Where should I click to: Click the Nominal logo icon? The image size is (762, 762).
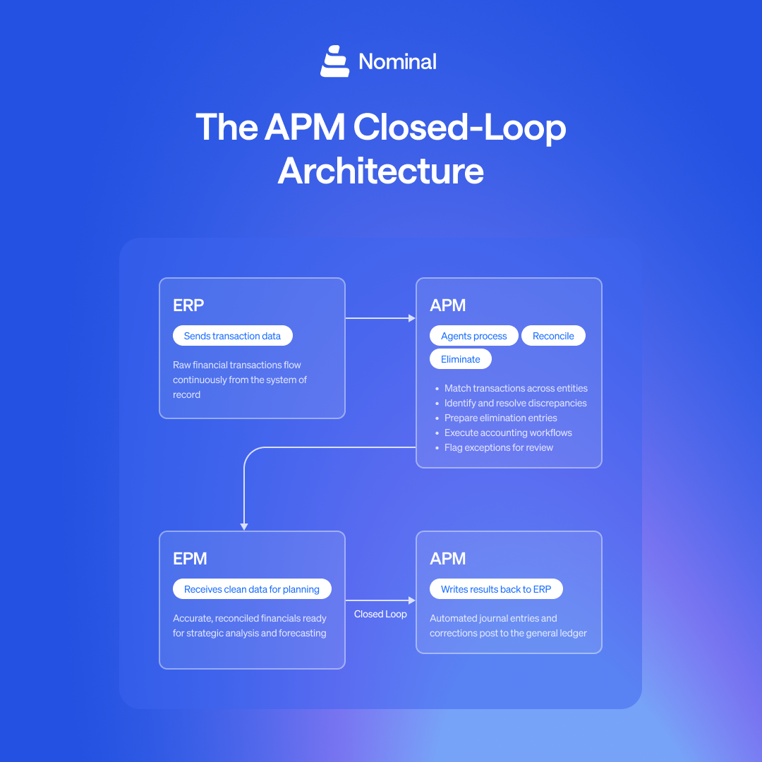(x=334, y=61)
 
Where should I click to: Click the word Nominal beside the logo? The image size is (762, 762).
(x=397, y=62)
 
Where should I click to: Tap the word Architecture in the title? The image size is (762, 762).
(x=380, y=171)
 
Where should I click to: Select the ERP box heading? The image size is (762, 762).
(x=188, y=306)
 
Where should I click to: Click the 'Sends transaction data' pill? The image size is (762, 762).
(x=232, y=336)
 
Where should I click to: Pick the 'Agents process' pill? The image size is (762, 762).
(x=473, y=336)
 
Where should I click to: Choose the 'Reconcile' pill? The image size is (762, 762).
(x=553, y=336)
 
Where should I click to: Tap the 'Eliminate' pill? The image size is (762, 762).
(x=460, y=359)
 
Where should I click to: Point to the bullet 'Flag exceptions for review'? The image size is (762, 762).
(x=498, y=447)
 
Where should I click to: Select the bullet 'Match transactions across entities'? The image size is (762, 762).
(x=515, y=388)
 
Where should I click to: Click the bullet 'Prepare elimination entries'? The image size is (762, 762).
(x=500, y=418)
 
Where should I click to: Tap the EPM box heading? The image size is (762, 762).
(x=190, y=559)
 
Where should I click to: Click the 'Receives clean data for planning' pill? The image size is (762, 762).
(x=252, y=589)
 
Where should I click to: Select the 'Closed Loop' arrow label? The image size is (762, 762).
(x=380, y=614)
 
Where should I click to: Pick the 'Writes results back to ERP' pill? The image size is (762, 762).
(x=496, y=589)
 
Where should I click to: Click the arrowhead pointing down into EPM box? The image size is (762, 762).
(x=244, y=526)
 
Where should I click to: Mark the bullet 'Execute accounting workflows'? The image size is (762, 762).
(x=508, y=433)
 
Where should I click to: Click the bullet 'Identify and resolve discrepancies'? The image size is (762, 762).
(x=515, y=403)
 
